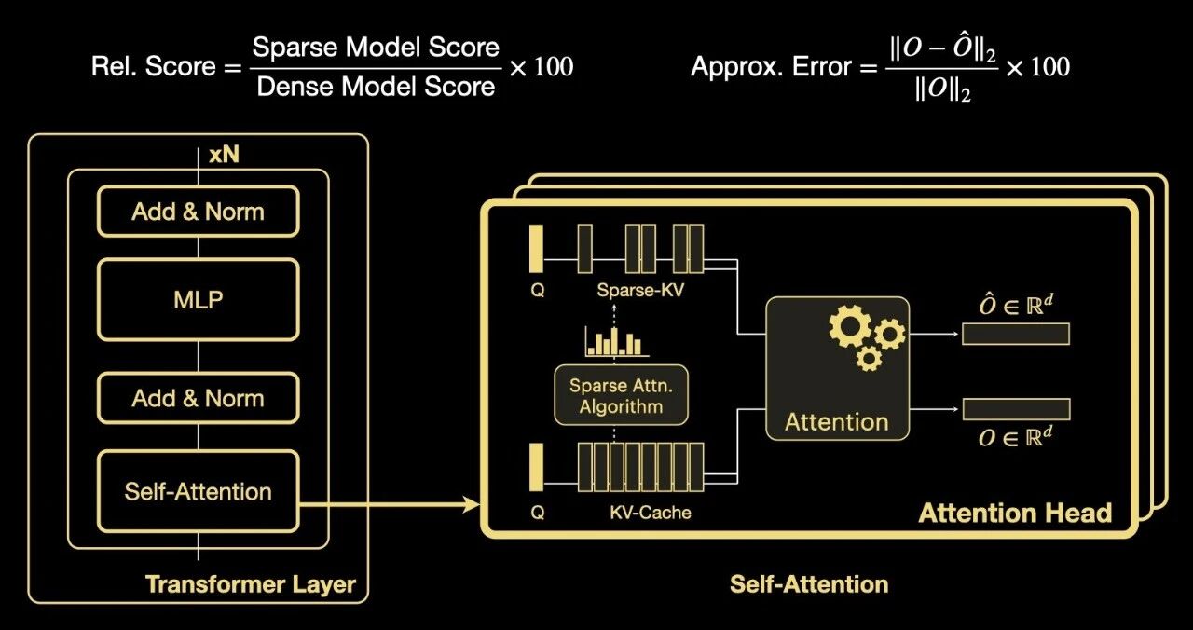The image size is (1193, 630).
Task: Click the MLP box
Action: click(x=198, y=301)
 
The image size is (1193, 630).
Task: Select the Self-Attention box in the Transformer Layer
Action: click(x=198, y=491)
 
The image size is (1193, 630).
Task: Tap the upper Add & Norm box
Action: click(x=198, y=212)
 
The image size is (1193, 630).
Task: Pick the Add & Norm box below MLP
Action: click(x=198, y=398)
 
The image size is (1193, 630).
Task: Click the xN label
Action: click(x=224, y=155)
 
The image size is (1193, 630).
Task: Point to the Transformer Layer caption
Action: click(x=251, y=584)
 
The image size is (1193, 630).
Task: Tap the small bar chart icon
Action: click(x=614, y=342)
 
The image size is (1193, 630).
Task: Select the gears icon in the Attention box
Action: click(x=865, y=336)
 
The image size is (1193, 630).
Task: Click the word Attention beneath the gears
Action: click(x=836, y=421)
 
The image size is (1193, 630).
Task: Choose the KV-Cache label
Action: click(x=651, y=512)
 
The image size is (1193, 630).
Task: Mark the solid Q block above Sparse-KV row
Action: click(x=536, y=247)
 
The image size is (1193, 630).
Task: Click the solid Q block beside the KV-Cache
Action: click(x=536, y=466)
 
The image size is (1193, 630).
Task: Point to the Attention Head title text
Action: click(x=1015, y=513)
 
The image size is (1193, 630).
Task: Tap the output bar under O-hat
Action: click(x=1016, y=334)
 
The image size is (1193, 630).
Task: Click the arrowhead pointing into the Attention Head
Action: click(x=472, y=505)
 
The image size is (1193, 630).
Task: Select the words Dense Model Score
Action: click(x=376, y=88)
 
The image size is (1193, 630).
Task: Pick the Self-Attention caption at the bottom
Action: click(x=808, y=584)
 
